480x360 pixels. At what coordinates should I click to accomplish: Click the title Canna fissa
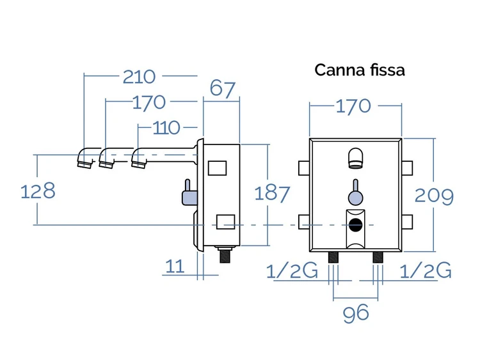pyautogui.click(x=360, y=70)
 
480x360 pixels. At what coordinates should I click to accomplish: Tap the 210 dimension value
pyautogui.click(x=139, y=77)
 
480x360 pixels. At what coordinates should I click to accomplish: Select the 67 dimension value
pyautogui.click(x=223, y=89)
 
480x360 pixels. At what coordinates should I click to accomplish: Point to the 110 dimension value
pyautogui.click(x=166, y=128)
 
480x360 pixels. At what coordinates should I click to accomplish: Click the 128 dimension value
pyautogui.click(x=38, y=191)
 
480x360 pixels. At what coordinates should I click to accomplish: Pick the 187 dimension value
pyautogui.click(x=272, y=194)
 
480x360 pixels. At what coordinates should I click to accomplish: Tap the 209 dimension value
pyautogui.click(x=434, y=196)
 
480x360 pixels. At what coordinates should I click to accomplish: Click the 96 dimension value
pyautogui.click(x=356, y=314)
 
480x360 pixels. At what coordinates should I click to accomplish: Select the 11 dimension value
pyautogui.click(x=175, y=266)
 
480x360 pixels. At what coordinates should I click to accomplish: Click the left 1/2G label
pyautogui.click(x=292, y=270)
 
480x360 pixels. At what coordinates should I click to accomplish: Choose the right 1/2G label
pyautogui.click(x=426, y=270)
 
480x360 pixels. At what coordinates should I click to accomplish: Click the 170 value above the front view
pyautogui.click(x=353, y=106)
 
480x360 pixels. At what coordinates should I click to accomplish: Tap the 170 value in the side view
pyautogui.click(x=148, y=102)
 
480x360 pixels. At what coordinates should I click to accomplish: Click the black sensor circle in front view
pyautogui.click(x=355, y=226)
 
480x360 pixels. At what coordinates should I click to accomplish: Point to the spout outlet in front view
pyautogui.click(x=355, y=158)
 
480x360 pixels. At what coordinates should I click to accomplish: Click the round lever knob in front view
pyautogui.click(x=355, y=198)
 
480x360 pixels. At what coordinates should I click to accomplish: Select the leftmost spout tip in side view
pyautogui.click(x=84, y=164)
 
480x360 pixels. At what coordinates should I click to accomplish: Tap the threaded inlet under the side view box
pyautogui.click(x=225, y=254)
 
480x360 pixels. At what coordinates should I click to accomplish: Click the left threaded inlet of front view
pyautogui.click(x=333, y=258)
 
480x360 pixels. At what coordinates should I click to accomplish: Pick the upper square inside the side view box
pyautogui.click(x=218, y=168)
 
